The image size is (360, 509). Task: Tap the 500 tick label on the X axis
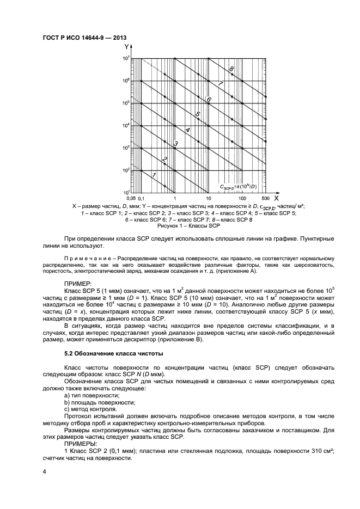tap(266, 199)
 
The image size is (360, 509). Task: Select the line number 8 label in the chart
tap(231, 69)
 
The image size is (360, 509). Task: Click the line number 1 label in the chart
tap(154, 174)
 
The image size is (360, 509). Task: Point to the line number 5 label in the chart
tap(198, 114)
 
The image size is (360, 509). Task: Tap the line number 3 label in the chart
tap(175, 144)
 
